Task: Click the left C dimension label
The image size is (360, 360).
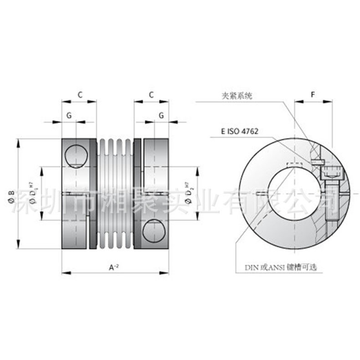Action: (79, 95)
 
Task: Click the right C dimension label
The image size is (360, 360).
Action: (152, 95)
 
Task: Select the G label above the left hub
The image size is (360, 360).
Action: (69, 116)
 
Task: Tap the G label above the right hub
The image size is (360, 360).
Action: (161, 116)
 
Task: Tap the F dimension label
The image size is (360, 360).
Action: (313, 95)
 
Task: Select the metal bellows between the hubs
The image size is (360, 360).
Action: (115, 193)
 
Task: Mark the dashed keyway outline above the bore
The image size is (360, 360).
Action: (293, 165)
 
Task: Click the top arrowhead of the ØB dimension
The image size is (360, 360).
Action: (19, 141)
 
